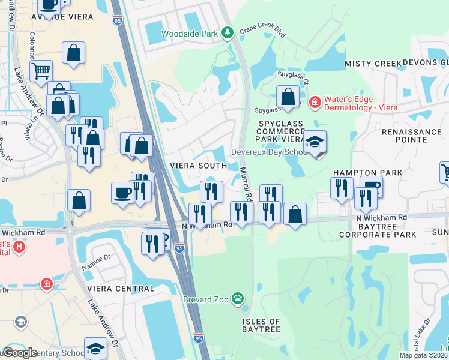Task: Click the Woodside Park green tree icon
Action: (228, 32)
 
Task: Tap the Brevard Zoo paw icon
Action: (238, 298)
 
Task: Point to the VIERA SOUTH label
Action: (198, 166)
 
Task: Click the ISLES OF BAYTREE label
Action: (261, 326)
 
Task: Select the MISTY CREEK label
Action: (373, 64)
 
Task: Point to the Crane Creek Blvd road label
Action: (262, 32)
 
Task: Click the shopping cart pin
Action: (41, 71)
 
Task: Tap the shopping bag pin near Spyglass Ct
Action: (288, 97)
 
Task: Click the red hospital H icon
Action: (19, 246)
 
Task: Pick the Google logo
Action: (20, 353)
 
